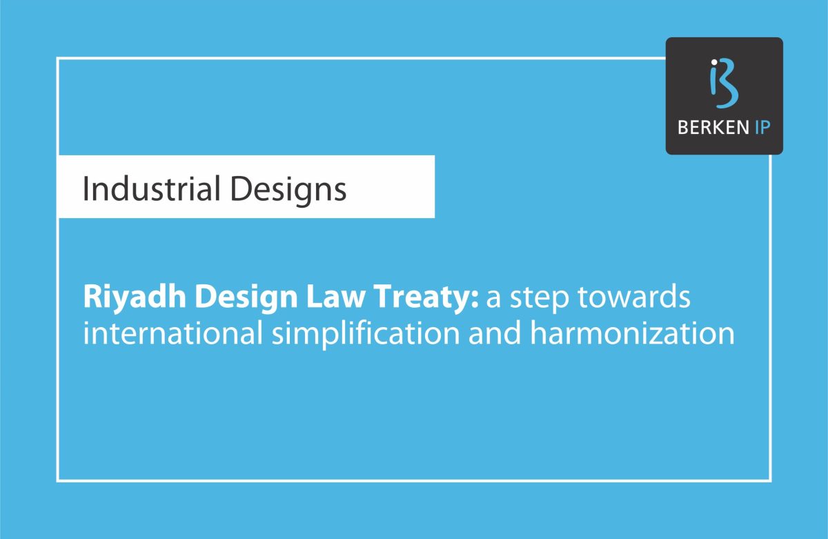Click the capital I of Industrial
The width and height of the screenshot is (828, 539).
click(86, 189)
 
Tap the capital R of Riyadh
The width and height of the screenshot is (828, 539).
click(91, 300)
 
